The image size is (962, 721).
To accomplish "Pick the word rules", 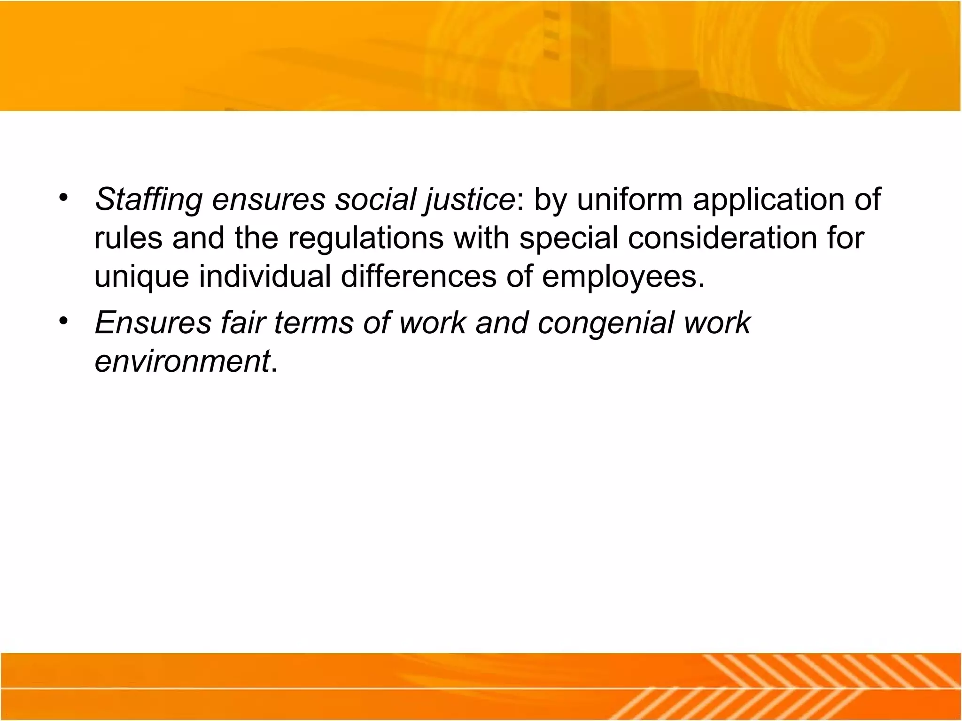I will pyautogui.click(x=128, y=238).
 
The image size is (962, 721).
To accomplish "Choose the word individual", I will pyautogui.click(x=265, y=276).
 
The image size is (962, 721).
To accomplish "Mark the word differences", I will pyautogui.click(x=418, y=276).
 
